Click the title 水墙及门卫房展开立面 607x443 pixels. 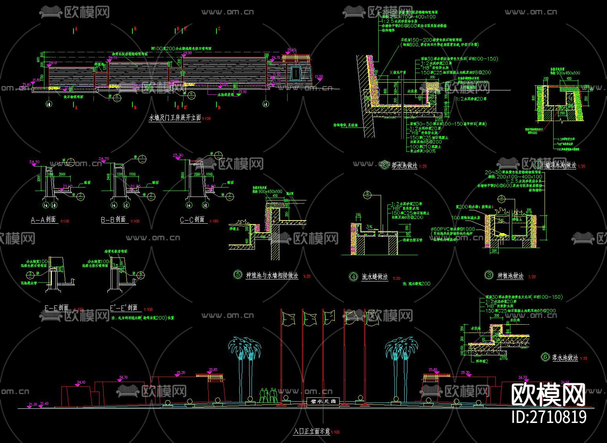(x=174, y=118)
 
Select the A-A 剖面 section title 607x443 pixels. (x=44, y=220)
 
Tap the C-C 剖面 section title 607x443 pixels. (x=192, y=220)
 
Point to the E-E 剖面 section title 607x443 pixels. (x=57, y=308)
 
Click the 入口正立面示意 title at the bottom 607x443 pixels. (x=312, y=431)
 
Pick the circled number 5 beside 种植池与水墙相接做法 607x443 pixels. (x=238, y=275)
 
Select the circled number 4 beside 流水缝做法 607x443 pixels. (x=353, y=277)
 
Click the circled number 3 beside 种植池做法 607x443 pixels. (x=489, y=275)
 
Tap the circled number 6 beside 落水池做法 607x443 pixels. (x=545, y=357)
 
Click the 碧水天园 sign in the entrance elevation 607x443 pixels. (x=322, y=401)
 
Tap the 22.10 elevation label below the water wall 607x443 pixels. (x=242, y=92)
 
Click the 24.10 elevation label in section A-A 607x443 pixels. (x=35, y=162)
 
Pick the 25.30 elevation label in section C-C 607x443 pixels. (x=178, y=155)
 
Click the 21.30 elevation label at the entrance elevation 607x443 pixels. (x=33, y=404)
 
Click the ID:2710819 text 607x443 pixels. (x=549, y=417)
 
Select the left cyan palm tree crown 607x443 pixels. (x=244, y=346)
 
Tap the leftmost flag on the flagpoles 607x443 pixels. (x=289, y=318)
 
